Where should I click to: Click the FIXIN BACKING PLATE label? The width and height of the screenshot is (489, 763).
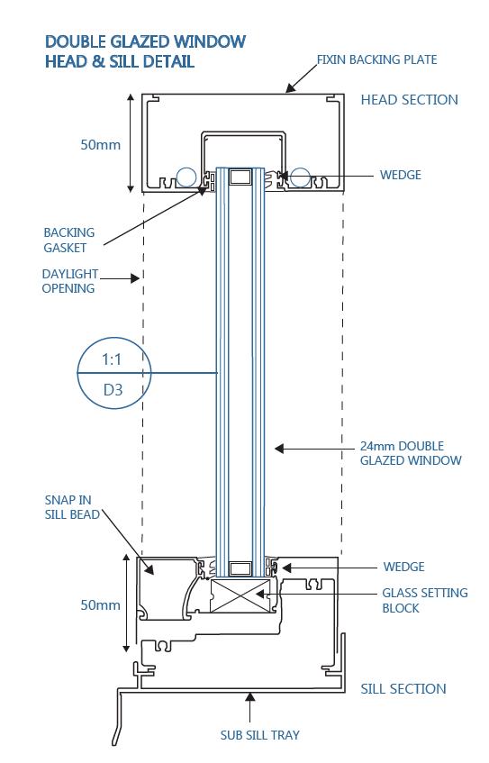coord(377,59)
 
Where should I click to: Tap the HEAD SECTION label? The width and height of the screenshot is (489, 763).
coord(409,100)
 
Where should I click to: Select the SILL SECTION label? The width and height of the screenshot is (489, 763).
coord(403,688)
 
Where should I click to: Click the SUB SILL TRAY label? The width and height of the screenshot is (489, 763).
coord(260,735)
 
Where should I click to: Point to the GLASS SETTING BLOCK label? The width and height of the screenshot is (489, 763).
coord(425,601)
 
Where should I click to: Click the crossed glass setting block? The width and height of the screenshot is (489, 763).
coord(240,595)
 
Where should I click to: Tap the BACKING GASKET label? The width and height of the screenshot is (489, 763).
coord(69,240)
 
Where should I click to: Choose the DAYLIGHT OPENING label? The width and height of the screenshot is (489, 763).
coord(70,281)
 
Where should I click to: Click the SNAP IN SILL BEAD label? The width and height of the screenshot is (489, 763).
coord(72,507)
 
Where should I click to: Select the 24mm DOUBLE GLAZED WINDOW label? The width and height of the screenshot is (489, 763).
coord(411,453)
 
